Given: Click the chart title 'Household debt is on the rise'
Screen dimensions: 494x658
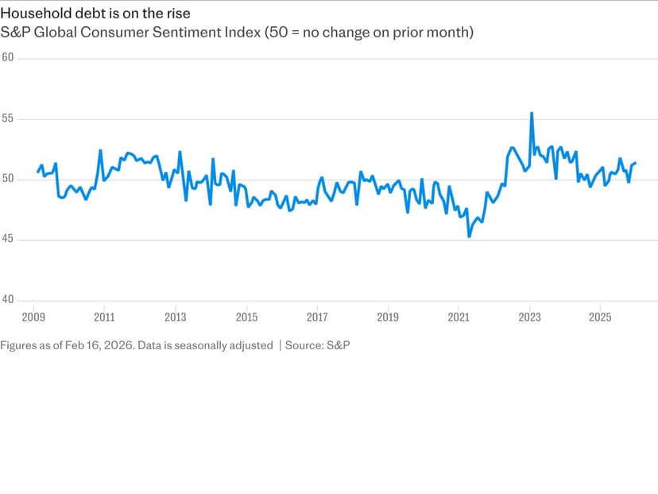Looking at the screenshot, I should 95,14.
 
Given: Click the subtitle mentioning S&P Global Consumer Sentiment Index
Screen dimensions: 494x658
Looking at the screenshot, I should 237,33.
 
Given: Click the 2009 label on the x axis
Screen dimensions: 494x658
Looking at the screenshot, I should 34,317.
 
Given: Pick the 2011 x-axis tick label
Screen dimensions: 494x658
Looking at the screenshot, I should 105,317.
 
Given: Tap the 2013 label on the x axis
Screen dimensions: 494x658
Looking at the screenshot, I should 176,317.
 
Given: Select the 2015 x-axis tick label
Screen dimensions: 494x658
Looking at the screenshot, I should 246,317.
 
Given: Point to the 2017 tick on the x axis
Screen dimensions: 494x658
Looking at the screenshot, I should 317,317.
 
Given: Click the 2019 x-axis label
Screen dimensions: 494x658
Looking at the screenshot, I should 388,317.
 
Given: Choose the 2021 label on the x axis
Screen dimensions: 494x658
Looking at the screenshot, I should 459,317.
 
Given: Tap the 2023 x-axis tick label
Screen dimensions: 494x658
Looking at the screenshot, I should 530,317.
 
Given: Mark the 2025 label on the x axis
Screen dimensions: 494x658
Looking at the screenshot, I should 601,317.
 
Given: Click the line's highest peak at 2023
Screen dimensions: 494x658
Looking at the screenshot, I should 532,113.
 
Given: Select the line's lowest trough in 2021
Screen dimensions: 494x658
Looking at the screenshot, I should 469,236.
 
